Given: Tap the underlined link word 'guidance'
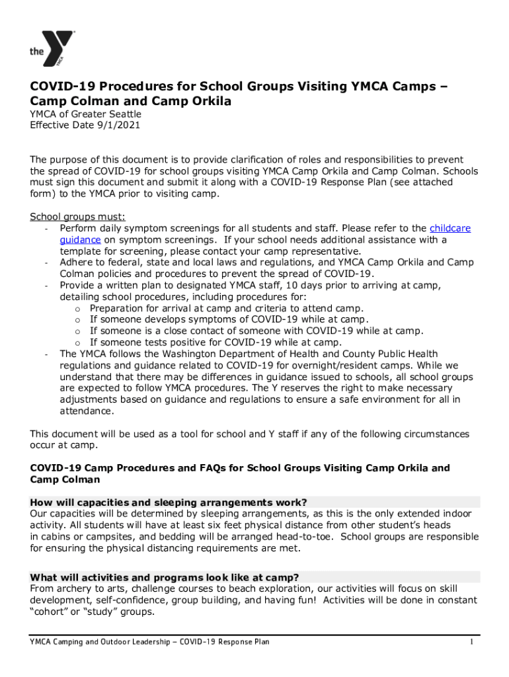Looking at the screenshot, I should (80, 239).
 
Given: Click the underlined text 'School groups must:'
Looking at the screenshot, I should (77, 216).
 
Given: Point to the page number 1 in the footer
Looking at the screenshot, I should (471, 642).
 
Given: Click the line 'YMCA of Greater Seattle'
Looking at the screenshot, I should (83, 113).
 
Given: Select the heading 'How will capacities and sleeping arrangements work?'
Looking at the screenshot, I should (169, 502).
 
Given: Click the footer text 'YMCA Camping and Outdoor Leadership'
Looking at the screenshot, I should (99, 642).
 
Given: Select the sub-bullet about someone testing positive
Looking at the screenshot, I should (215, 342).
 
